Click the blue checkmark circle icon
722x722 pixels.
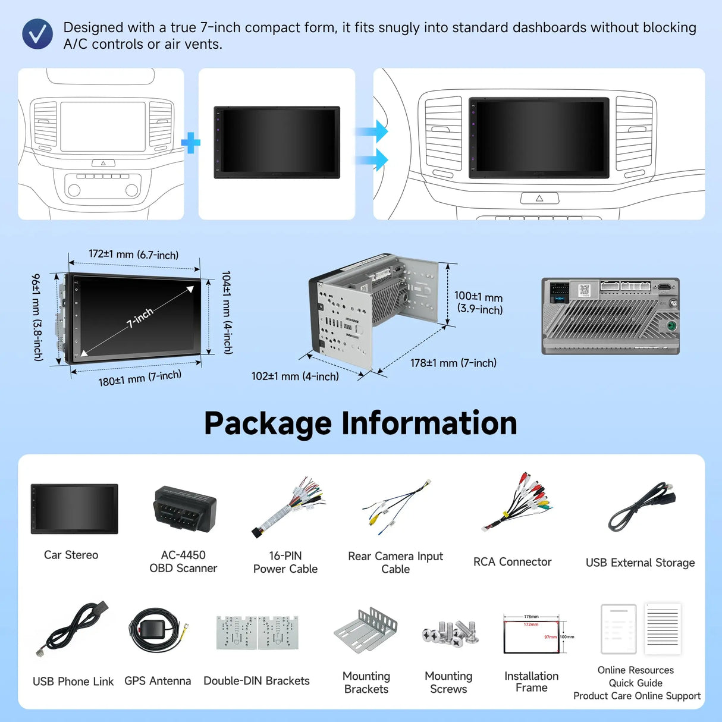click(37, 34)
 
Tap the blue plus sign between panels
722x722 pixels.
click(190, 143)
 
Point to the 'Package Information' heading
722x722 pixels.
click(360, 423)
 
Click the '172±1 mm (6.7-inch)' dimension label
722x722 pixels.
click(133, 255)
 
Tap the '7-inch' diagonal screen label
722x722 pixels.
click(140, 318)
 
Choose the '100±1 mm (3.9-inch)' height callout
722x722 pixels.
click(479, 303)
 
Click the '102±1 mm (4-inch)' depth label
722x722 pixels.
click(295, 376)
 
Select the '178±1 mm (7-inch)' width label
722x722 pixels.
click(453, 363)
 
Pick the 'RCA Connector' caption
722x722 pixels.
click(512, 562)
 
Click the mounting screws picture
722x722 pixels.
click(450, 633)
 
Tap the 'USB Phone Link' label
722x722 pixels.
click(73, 682)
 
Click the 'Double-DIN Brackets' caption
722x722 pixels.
click(256, 681)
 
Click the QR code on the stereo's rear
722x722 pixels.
click(584, 290)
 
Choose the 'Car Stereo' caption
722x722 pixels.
click(71, 555)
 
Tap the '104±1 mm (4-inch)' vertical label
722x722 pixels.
click(227, 313)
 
